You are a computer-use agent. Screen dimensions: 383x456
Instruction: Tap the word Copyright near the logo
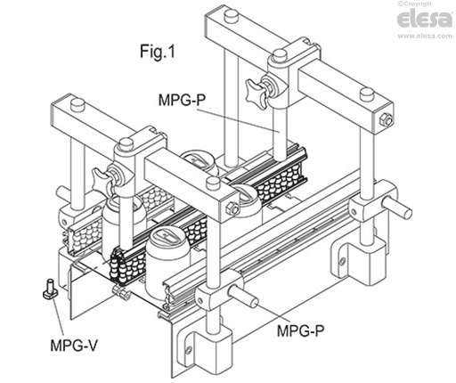[x=434, y=4]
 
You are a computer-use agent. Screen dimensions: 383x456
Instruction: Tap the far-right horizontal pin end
[x=407, y=212]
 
